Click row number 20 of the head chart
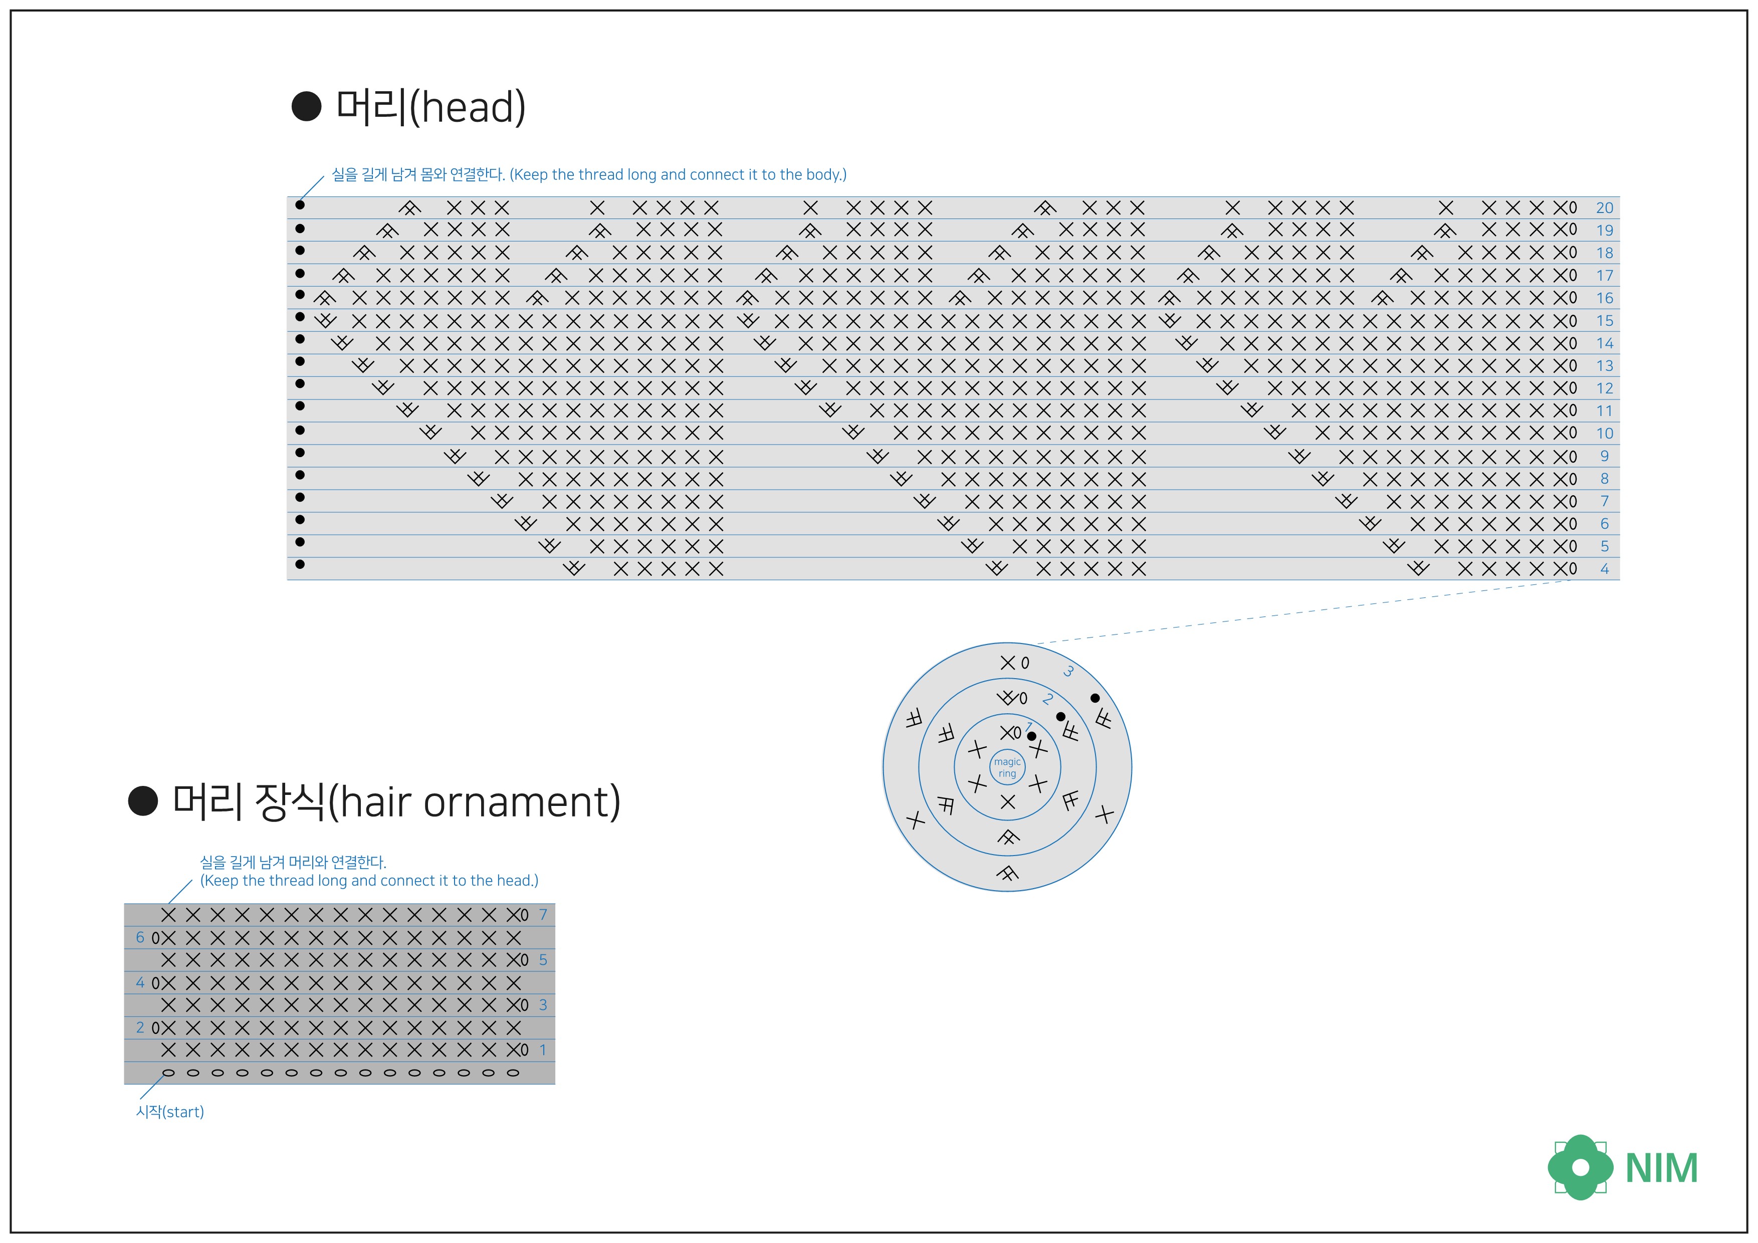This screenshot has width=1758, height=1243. click(1604, 208)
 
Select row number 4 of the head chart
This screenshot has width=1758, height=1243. click(1604, 569)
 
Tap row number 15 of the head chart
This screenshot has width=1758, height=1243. click(1604, 321)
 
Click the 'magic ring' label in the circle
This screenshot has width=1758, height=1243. click(1007, 767)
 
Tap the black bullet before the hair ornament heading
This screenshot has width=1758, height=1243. click(143, 801)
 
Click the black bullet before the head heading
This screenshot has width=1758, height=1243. click(306, 106)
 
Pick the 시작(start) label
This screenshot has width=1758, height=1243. click(170, 1111)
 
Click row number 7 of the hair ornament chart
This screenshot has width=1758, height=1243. click(543, 914)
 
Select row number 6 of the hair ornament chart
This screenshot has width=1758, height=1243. click(140, 937)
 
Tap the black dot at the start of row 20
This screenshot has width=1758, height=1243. click(300, 205)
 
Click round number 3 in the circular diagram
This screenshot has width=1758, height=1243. click(1068, 672)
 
